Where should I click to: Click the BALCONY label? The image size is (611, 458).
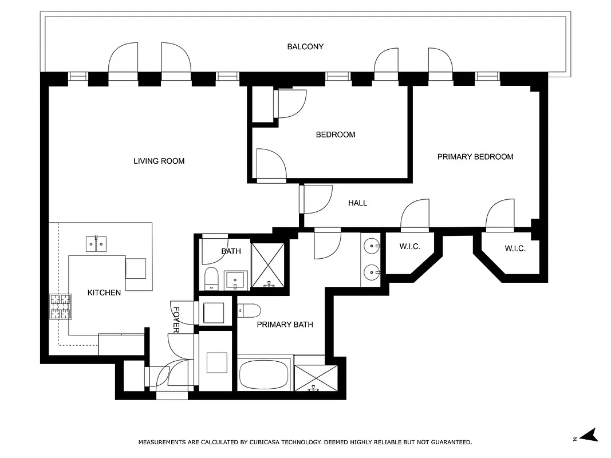(305, 46)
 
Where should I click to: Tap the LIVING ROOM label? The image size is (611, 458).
(159, 161)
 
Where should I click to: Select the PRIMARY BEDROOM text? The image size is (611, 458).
(475, 156)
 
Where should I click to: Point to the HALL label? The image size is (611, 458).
(357, 203)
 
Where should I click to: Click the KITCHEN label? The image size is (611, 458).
(104, 293)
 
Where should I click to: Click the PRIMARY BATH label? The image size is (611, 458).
(285, 324)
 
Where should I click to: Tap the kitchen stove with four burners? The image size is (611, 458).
(60, 306)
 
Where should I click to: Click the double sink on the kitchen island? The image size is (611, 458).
(97, 243)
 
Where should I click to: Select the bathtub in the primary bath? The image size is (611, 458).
(265, 374)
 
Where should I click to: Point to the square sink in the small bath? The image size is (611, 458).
(235, 280)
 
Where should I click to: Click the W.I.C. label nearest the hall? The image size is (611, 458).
(409, 247)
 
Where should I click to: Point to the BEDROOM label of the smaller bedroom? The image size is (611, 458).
(336, 135)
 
